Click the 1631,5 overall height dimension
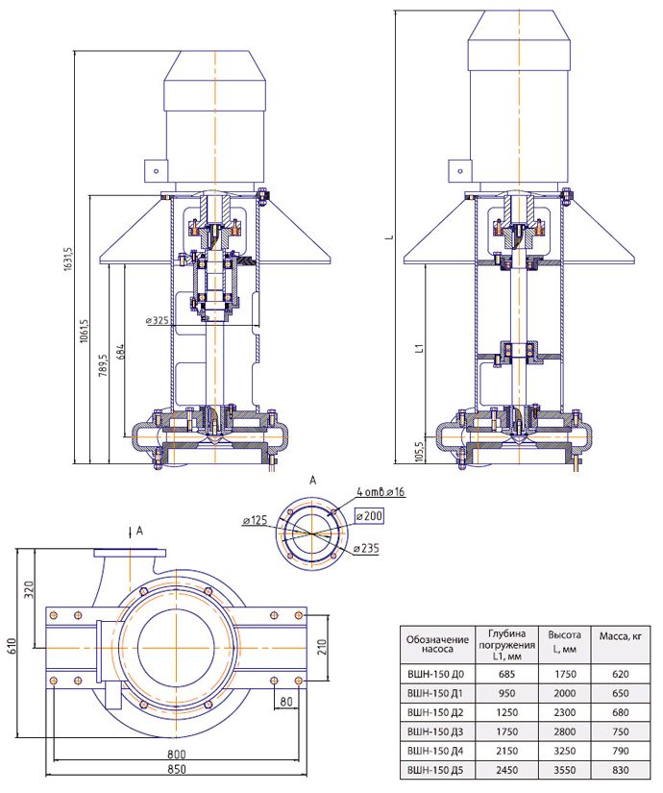point(69,260)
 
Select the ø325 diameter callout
point(158,320)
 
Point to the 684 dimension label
point(120,352)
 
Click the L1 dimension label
point(419,348)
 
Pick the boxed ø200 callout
point(369,516)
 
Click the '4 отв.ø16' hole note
point(381,491)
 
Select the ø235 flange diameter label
point(366,548)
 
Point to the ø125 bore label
point(255,520)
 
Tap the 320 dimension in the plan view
point(30,589)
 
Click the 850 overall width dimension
point(177,769)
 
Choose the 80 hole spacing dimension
point(286,702)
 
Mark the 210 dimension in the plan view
point(322,647)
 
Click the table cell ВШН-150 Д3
point(435,731)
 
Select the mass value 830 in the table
point(621,770)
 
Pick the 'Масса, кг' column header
point(621,636)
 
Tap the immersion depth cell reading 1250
point(506,712)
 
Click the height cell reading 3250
point(564,751)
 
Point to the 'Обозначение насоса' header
point(437,644)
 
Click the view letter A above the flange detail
point(312,481)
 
